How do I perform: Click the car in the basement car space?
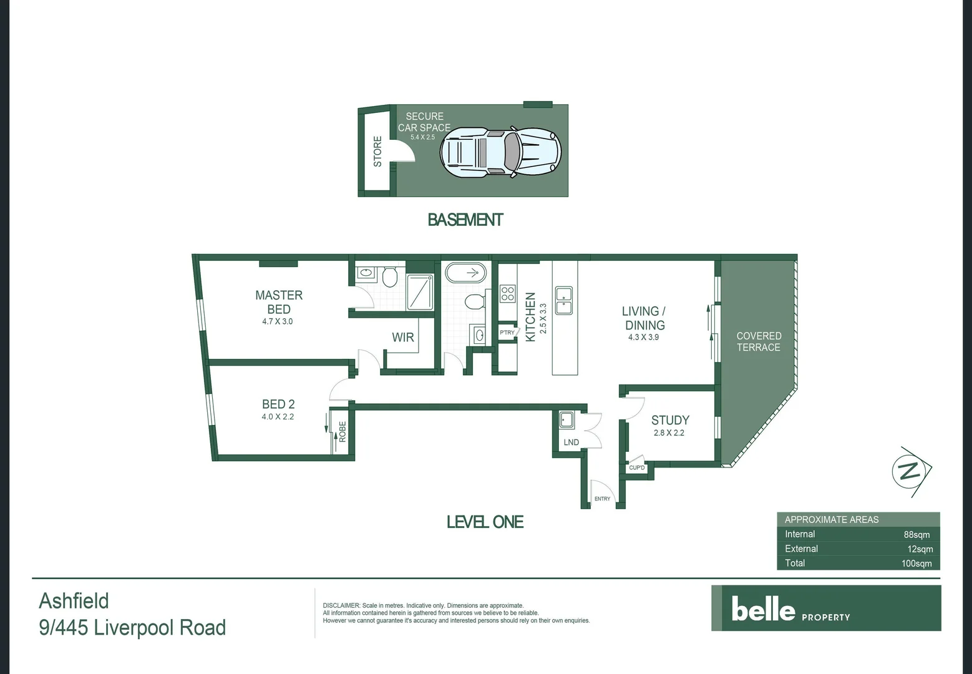point(500,152)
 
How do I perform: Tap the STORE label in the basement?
point(377,152)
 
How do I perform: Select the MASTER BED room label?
point(278,302)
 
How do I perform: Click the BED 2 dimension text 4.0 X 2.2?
point(278,417)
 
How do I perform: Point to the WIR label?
point(402,338)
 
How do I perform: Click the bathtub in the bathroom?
point(465,273)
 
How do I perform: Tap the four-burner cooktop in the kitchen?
point(508,293)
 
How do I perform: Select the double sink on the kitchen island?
point(564,301)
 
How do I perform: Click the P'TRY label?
point(507,333)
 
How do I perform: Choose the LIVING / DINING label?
point(644,318)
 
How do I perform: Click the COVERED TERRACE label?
point(759,341)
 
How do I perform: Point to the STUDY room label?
point(670,421)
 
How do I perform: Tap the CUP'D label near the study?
point(637,467)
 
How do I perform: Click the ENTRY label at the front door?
point(602,499)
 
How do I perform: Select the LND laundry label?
point(571,442)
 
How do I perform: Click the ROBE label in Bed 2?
point(343,432)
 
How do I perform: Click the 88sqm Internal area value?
point(916,535)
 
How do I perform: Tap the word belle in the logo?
point(763,608)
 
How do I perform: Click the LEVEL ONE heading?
point(485,522)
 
